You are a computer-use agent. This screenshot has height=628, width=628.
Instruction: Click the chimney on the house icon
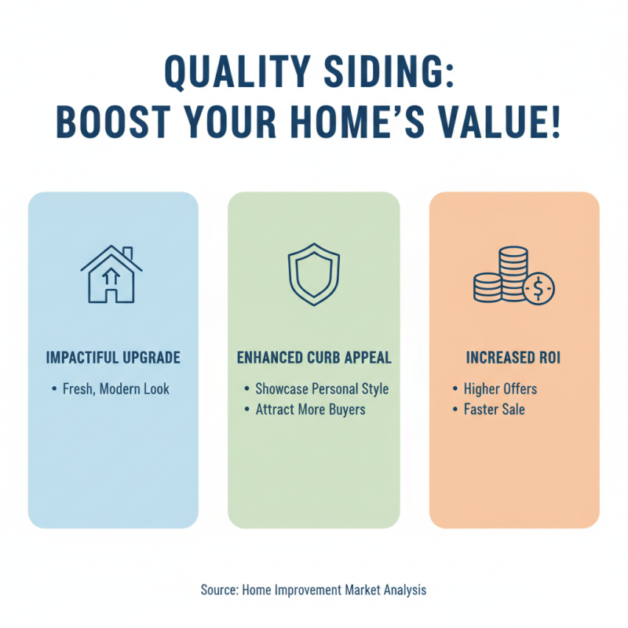(x=127, y=254)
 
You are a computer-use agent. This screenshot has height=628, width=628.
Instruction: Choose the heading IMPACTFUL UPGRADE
(x=113, y=358)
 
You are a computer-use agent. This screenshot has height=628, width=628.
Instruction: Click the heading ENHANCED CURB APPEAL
(x=314, y=358)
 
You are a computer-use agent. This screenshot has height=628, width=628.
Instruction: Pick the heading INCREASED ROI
(x=513, y=358)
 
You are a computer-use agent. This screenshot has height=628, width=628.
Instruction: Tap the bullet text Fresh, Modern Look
(x=116, y=389)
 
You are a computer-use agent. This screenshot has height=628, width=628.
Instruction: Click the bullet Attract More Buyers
(x=310, y=409)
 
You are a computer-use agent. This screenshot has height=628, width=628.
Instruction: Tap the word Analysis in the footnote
(x=402, y=590)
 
